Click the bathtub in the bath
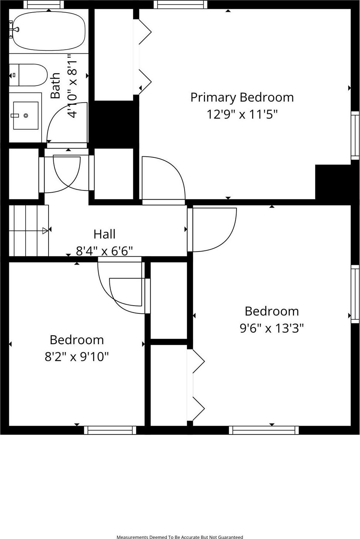pos(49,31)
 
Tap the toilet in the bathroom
pos(29,75)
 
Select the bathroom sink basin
pos(26,116)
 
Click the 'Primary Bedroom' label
pos(242,98)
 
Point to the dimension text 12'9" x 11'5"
pos(242,114)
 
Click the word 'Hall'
pos(105,234)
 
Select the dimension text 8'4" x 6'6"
pos(105,251)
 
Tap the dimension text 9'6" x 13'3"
pos(272,328)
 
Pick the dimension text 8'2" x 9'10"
pos(77,356)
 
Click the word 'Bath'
pos(56,86)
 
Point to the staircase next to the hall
pos(29,230)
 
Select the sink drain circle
pos(26,116)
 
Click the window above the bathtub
pos(46,4)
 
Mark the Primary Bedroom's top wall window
pos(180,4)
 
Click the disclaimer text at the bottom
pos(180,537)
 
